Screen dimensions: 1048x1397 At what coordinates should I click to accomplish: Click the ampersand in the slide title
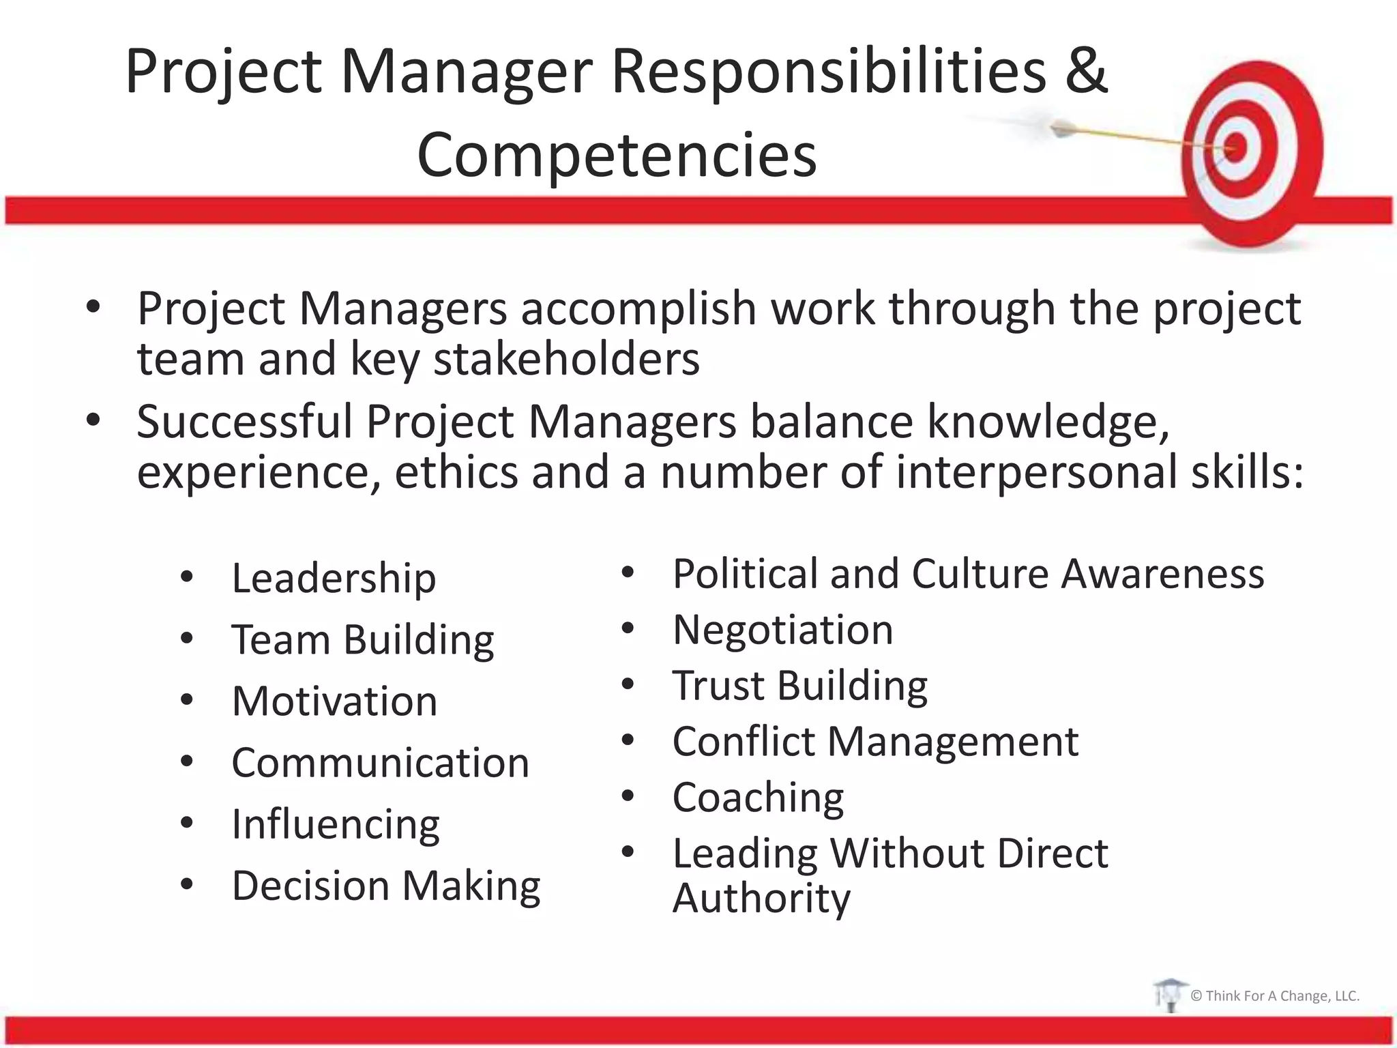point(1085,71)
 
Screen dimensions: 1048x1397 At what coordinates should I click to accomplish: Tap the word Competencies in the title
point(617,156)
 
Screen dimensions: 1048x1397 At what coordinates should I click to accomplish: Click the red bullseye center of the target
point(1235,147)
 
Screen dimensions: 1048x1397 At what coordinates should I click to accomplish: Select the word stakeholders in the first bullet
point(566,359)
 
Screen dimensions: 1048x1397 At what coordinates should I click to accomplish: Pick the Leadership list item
point(334,578)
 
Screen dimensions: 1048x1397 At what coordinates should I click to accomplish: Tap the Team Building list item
point(362,640)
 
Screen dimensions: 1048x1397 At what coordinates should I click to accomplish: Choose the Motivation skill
point(334,701)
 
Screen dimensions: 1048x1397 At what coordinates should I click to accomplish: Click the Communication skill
point(380,763)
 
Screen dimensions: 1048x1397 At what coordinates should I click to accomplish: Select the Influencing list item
point(336,824)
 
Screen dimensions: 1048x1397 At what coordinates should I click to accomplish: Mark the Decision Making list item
point(386,886)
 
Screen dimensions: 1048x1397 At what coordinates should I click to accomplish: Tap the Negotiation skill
point(782,629)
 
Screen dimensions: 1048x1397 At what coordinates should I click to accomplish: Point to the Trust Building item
point(799,685)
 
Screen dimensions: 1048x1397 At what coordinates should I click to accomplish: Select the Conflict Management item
point(875,741)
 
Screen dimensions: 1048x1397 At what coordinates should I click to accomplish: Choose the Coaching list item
point(758,797)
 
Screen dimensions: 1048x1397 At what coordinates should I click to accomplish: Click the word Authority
point(761,898)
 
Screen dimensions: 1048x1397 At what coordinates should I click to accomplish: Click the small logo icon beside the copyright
point(1169,995)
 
